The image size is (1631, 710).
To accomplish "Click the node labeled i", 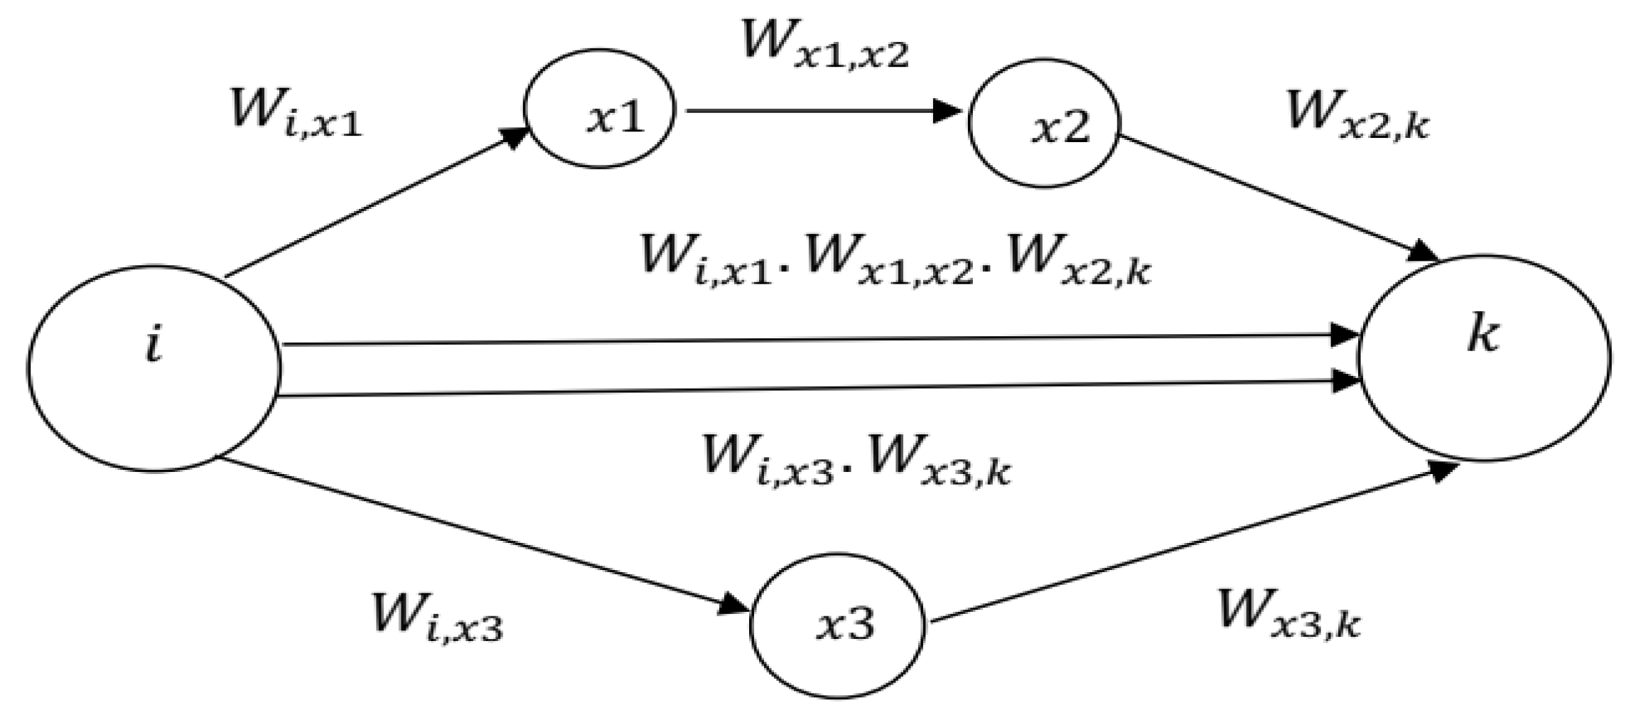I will [x=154, y=368].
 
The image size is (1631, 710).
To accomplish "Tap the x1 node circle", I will [x=599, y=109].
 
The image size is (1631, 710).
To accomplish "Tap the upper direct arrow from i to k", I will [x=817, y=340].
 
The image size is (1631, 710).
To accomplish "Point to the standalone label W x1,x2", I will [x=824, y=44].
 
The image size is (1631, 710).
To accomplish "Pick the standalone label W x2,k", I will [x=1357, y=115].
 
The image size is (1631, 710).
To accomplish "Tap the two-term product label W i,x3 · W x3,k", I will [x=856, y=459].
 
